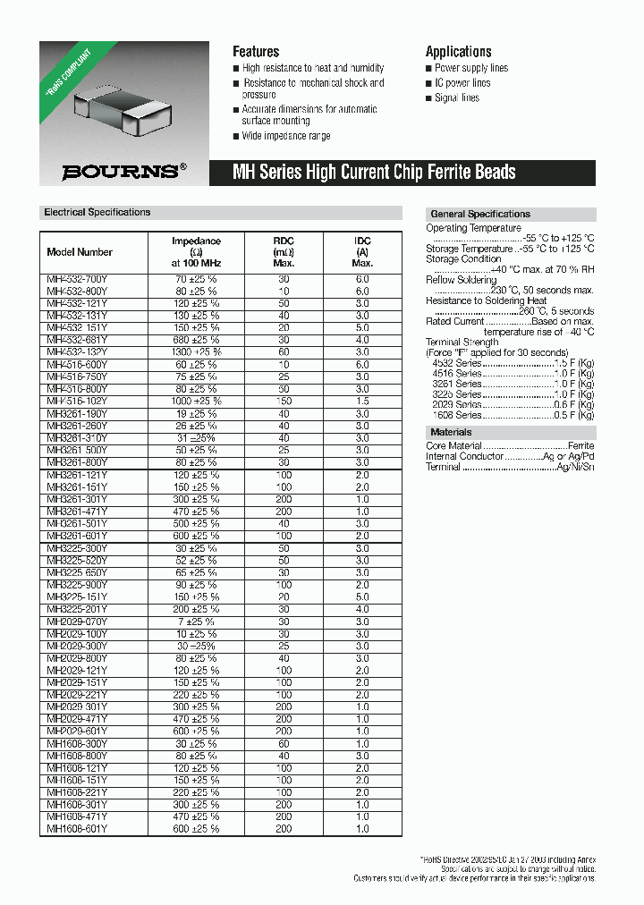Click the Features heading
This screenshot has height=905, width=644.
(256, 52)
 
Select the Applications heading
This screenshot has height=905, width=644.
(458, 52)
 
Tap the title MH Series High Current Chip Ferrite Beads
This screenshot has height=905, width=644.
(374, 173)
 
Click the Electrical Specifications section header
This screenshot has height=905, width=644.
(97, 213)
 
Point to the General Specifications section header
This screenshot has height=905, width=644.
(480, 215)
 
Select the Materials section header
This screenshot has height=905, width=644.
(452, 433)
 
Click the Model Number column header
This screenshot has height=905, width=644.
(80, 252)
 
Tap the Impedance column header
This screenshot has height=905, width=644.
(196, 252)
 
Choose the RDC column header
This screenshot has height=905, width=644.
(284, 252)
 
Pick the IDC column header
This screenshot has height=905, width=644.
(362, 252)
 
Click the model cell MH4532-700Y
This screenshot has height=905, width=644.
(77, 280)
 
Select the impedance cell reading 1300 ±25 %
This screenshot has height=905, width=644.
(196, 352)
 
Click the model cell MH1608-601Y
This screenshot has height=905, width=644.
(77, 828)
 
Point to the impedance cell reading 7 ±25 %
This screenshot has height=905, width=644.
(196, 622)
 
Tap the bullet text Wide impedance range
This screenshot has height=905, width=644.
(286, 136)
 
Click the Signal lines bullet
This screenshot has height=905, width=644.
(457, 98)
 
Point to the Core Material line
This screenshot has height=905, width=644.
(509, 445)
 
